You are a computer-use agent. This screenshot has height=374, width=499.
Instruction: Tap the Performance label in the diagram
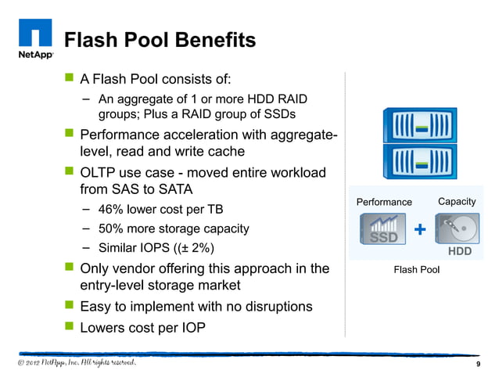384,202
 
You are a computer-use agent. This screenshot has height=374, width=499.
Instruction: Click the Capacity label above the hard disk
457,201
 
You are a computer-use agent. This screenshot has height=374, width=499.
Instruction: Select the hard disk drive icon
458,229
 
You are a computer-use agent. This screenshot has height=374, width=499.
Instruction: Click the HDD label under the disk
459,252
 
